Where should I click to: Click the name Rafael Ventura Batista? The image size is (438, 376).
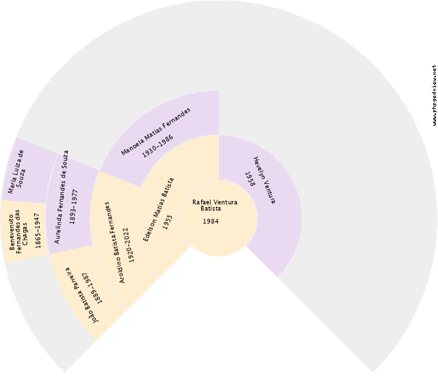214,205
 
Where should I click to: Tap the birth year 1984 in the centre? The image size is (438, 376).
211,221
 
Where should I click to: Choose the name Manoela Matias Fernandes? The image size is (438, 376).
156,132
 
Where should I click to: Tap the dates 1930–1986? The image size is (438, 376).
157,147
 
